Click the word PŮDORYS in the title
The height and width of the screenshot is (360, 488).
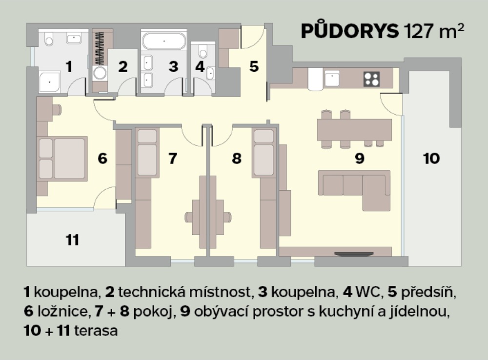pos(350,31)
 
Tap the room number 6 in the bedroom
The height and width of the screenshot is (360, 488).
pos(102,159)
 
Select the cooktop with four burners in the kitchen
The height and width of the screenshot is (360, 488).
pos(371,79)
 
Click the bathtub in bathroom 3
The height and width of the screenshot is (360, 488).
pos(164,41)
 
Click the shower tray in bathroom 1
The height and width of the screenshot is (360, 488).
pos(50,82)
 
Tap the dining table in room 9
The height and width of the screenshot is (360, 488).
pos(354,130)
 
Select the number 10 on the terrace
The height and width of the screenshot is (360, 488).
pos(431,159)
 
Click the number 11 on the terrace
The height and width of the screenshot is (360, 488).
pos(73,240)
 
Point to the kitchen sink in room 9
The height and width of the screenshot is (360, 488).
pos(332,78)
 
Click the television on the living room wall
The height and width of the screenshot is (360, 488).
pos(354,254)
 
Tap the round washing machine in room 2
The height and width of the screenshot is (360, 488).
pos(100,74)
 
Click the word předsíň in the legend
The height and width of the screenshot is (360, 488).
pos(428,292)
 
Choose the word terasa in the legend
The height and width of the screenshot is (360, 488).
pos(96,331)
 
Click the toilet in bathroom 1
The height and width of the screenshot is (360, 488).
pos(48,39)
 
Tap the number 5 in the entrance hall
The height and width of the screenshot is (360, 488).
pos(254,67)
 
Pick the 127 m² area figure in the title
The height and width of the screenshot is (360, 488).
pos(434,31)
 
